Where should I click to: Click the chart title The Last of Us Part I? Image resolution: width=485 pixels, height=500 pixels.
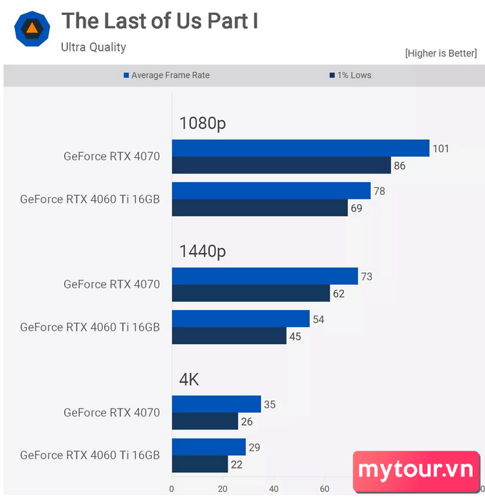click(160, 21)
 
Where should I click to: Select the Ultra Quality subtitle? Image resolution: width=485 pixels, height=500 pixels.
click(93, 47)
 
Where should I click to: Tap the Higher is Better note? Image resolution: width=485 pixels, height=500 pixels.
click(441, 54)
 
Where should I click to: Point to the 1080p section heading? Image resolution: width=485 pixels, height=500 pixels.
click(203, 123)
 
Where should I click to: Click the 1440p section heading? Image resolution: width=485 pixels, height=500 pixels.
click(203, 251)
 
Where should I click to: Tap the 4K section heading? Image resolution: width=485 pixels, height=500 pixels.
click(189, 379)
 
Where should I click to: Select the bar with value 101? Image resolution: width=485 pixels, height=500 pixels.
click(300, 148)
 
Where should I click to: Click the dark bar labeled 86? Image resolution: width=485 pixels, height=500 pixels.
click(281, 165)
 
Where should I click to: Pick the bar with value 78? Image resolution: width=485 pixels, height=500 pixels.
click(271, 191)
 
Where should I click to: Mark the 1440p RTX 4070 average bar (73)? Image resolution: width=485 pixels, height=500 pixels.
click(265, 276)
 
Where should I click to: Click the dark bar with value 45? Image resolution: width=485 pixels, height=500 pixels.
click(229, 336)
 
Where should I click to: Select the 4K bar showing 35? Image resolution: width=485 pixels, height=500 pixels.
click(216, 404)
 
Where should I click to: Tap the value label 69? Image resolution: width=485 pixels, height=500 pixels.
click(357, 209)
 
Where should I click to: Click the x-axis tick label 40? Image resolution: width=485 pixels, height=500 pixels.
click(274, 489)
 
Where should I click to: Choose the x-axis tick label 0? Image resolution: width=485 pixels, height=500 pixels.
click(172, 489)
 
